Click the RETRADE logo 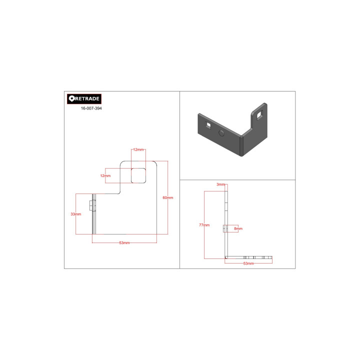click(84, 99)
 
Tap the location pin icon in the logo click(71, 98)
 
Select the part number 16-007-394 click(91, 108)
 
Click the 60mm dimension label click(168, 197)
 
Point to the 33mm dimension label click(76, 214)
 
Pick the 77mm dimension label click(204, 225)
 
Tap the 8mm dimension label click(238, 228)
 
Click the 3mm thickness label click(220, 184)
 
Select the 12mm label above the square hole click(138, 149)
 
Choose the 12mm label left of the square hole click(105, 176)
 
